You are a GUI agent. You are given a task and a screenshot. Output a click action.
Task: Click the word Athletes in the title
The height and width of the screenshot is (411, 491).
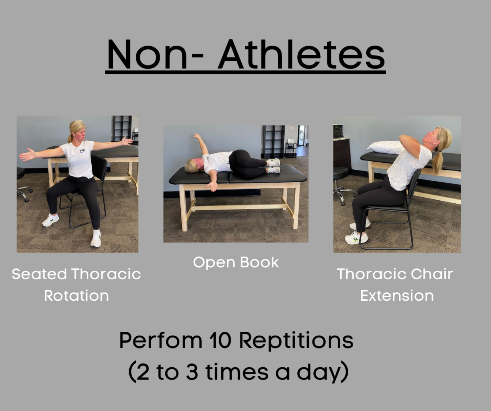(x=302, y=54)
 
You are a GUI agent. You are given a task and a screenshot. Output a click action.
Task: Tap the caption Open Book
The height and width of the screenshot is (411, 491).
(x=236, y=262)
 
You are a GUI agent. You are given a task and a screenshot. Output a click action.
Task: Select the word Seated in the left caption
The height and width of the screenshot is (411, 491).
(x=39, y=274)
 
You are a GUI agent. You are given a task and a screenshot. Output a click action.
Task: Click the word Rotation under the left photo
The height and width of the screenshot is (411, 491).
(x=76, y=296)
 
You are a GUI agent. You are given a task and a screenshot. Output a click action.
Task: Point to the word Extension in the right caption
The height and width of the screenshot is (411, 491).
(x=397, y=296)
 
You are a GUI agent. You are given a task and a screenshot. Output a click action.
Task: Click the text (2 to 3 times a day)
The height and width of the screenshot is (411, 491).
(x=238, y=372)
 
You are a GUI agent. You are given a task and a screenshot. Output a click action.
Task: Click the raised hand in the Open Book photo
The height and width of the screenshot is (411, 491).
(x=197, y=136)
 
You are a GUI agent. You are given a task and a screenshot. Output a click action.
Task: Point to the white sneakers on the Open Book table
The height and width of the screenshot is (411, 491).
(x=274, y=166)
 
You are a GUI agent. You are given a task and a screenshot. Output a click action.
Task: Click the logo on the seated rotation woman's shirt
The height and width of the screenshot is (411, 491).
(x=82, y=151)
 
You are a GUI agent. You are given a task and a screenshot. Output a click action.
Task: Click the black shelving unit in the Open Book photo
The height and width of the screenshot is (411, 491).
(x=274, y=142)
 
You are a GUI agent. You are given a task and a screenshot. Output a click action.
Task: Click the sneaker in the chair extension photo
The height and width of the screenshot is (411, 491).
(x=356, y=239)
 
